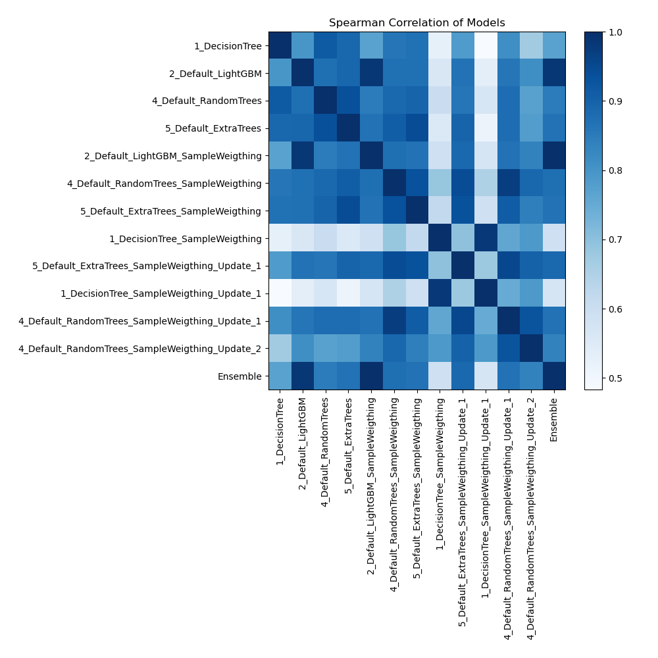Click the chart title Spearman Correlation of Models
click(417, 22)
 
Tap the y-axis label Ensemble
click(243, 376)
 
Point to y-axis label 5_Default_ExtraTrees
click(214, 129)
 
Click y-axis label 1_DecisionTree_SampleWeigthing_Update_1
click(161, 293)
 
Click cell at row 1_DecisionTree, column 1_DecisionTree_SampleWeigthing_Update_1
click(485, 46)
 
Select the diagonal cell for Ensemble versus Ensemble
click(553, 376)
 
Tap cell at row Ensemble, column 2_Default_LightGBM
click(303, 376)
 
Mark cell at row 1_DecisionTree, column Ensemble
click(553, 46)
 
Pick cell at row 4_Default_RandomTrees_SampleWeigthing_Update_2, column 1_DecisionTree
click(280, 349)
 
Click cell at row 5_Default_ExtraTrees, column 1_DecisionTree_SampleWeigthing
click(440, 129)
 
